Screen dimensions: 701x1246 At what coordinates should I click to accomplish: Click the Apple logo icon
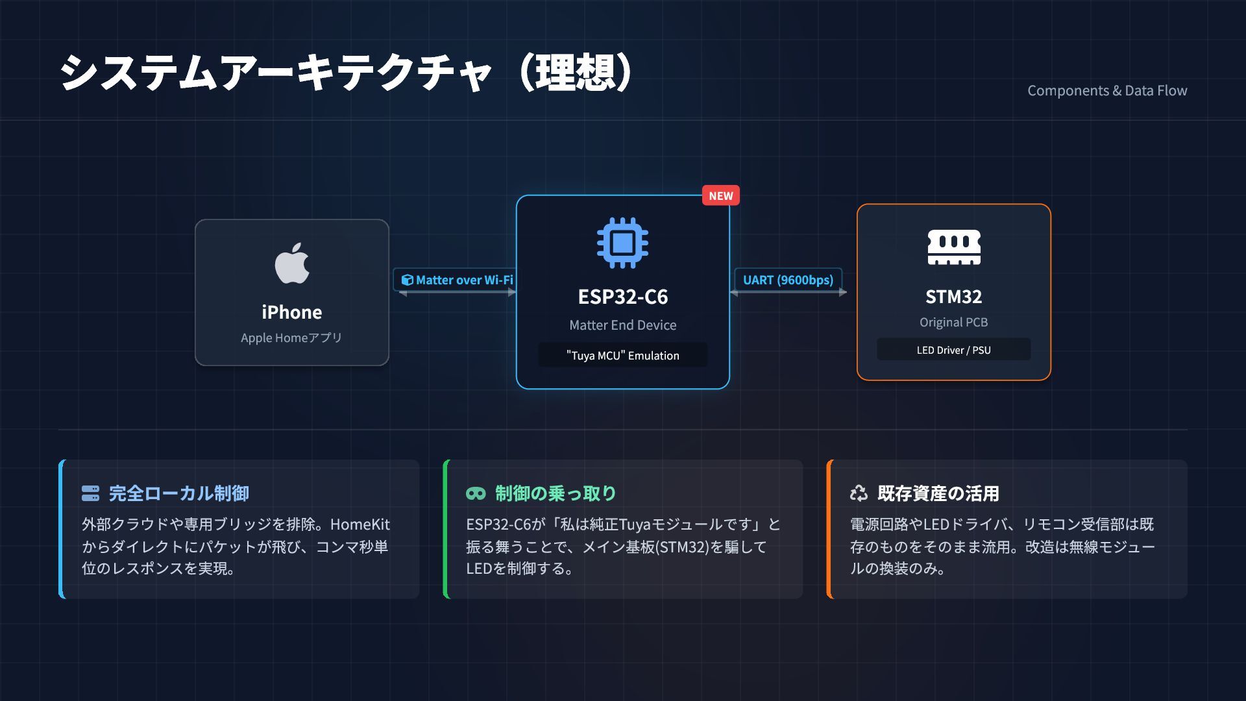[292, 264]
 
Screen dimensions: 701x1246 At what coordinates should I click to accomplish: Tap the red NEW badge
[720, 195]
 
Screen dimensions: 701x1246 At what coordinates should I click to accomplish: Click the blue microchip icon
[622, 243]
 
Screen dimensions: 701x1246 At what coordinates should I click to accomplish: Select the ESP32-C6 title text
[622, 297]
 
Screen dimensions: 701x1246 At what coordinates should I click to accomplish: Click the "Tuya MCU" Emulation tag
[622, 355]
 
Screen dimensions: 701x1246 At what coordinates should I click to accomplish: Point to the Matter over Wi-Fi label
[458, 280]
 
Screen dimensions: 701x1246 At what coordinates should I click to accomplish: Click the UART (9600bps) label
[788, 280]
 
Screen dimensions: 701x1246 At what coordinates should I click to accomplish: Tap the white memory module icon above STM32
[953, 247]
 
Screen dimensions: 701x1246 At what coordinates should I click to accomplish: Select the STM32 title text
[953, 297]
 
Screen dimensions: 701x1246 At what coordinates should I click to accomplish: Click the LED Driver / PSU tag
[953, 350]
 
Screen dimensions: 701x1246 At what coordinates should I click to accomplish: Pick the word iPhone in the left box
[292, 312]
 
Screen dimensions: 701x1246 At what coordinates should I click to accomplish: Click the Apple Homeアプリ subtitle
[291, 338]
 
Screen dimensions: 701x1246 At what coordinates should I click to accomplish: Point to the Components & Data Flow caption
[1107, 91]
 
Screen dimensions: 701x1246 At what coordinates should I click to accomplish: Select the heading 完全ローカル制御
[178, 493]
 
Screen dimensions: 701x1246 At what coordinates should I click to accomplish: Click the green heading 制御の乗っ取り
[556, 493]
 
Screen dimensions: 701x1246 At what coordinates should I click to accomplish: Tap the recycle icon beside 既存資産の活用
[859, 493]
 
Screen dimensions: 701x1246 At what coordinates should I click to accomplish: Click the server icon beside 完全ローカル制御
[90, 493]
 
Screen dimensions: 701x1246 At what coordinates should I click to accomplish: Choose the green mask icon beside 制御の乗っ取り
[476, 493]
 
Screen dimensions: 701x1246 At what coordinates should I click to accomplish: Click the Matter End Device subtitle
[622, 325]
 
